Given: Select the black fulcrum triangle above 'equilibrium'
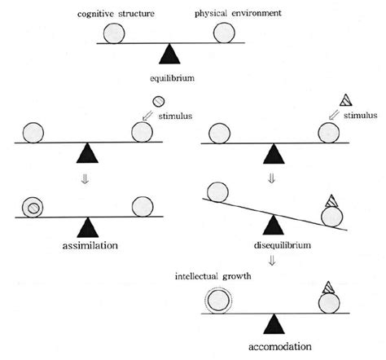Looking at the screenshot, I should [169, 55].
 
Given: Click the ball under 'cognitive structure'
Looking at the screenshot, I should [115, 33].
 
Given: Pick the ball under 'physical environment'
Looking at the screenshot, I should [225, 33].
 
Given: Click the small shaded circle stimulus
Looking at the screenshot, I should [159, 103].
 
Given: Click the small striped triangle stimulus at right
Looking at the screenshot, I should [345, 103].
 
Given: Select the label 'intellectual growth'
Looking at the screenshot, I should [213, 274].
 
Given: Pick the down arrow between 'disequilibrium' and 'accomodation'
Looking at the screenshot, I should [276, 262].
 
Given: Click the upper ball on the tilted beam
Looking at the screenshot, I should [217, 192].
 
